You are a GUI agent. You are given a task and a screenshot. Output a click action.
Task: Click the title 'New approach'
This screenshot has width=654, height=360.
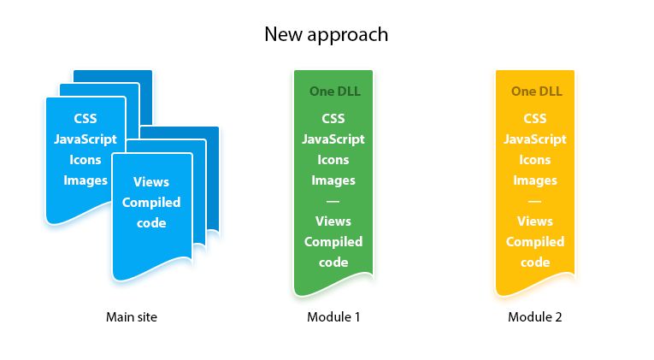pos(326,34)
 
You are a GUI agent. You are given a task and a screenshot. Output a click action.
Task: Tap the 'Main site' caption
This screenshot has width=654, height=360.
pos(132,317)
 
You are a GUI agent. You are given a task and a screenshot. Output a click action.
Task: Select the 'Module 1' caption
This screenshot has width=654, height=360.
pos(333,317)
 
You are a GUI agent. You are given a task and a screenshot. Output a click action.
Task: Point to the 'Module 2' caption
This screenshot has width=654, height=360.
pos(535,317)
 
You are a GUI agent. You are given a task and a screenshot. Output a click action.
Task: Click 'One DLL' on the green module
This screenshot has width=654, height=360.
pos(333,91)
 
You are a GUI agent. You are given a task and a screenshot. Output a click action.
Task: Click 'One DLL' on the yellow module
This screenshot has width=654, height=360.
pos(535,91)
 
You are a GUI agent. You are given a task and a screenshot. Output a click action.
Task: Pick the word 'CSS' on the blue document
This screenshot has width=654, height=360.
pos(85,118)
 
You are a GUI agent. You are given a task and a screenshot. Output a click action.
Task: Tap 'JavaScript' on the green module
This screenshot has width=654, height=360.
pos(333,139)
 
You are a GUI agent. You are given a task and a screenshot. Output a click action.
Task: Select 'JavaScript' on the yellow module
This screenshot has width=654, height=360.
pos(535,139)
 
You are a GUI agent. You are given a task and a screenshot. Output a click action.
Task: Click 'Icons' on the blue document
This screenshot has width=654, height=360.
pos(85,159)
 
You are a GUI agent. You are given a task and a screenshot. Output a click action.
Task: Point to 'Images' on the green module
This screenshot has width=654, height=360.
pos(333,180)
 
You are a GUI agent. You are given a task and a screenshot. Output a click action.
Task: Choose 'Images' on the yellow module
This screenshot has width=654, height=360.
pos(535,180)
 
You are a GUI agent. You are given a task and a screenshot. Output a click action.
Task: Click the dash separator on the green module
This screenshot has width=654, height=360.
pos(333,201)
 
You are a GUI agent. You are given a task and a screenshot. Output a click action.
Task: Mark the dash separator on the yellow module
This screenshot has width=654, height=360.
pos(535,201)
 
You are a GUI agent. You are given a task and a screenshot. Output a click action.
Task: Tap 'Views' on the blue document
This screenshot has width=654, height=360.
pos(151,181)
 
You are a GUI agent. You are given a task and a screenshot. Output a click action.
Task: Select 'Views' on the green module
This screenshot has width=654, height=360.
pos(333,221)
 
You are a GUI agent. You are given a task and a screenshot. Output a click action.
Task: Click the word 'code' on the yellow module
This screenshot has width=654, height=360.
pos(535,263)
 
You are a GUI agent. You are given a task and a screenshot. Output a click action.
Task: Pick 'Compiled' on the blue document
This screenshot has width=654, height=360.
pos(151,203)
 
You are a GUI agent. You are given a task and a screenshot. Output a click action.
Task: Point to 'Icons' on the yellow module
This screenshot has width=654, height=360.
pos(535,159)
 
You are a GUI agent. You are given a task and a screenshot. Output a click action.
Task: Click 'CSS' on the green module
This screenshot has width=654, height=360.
pos(333,118)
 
